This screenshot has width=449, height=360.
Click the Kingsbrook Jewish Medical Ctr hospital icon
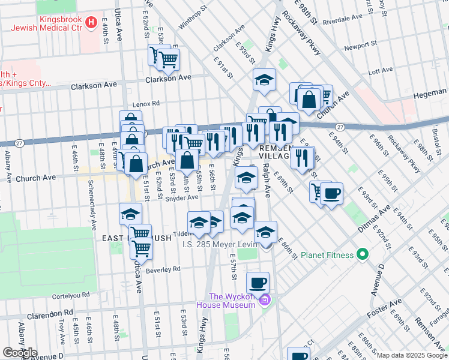point(91,23)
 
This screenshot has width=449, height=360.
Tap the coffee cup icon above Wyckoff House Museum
point(258,282)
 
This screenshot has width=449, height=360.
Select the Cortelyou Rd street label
point(71,294)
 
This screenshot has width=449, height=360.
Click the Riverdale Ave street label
point(341,20)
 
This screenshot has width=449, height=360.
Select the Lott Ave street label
point(379,71)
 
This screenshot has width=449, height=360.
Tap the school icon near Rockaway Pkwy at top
point(264,80)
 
